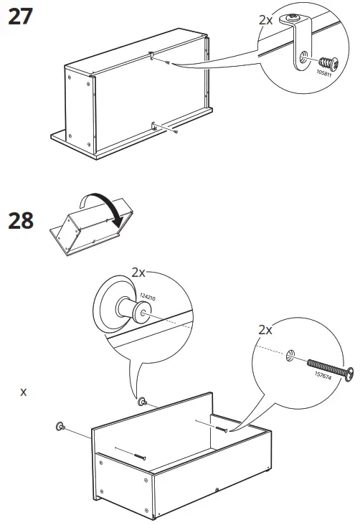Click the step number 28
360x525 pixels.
click(20, 220)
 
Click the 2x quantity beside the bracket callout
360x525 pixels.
click(265, 20)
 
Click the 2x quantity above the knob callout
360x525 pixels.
click(139, 273)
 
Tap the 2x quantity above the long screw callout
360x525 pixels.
click(265, 330)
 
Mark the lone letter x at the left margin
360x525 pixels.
click(24, 392)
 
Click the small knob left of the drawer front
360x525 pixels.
click(58, 427)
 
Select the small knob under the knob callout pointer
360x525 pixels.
click(142, 402)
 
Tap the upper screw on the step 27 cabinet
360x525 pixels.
click(166, 64)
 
